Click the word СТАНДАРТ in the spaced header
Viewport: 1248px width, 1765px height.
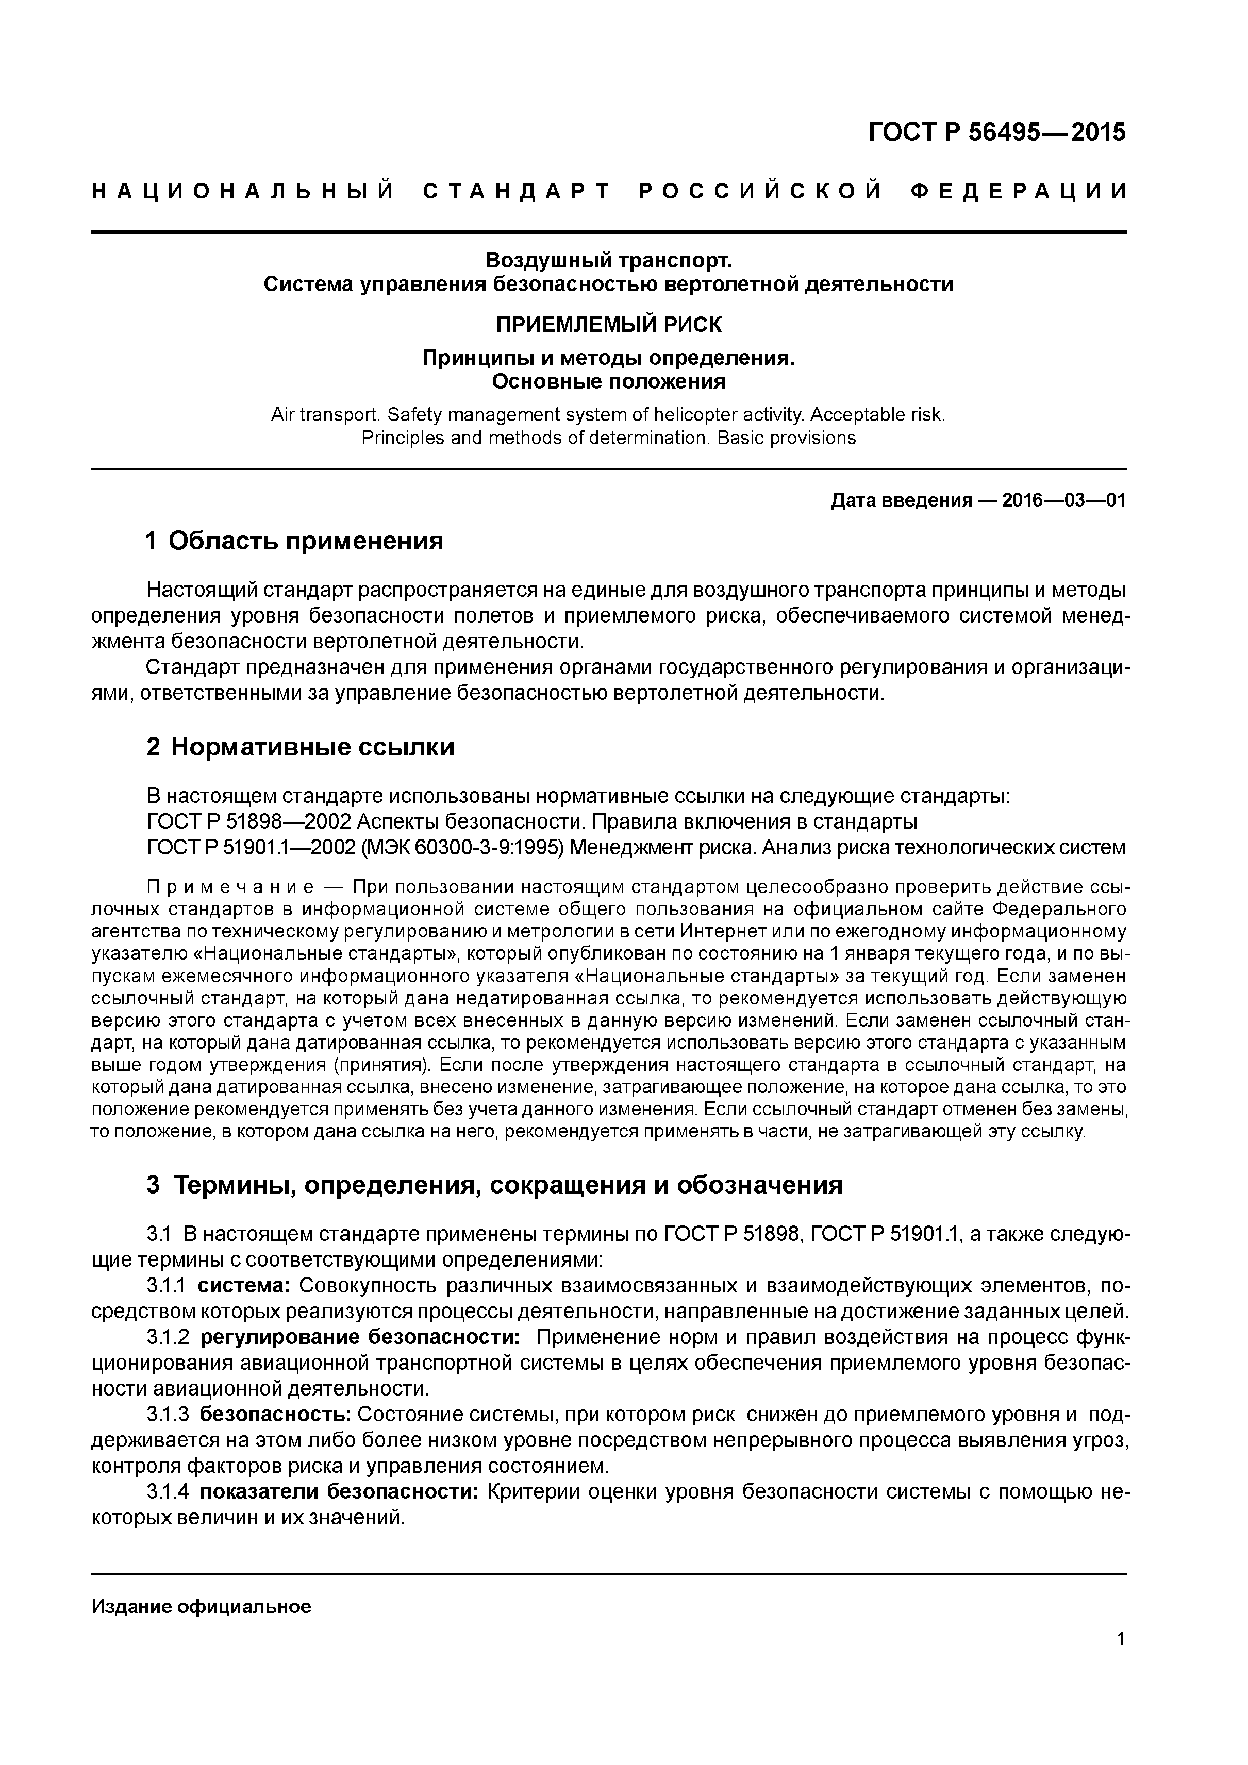click(x=516, y=191)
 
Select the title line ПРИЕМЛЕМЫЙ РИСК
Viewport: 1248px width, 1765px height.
click(x=608, y=325)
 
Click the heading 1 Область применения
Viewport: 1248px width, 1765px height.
click(x=294, y=541)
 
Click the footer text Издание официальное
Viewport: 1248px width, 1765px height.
click(x=202, y=1607)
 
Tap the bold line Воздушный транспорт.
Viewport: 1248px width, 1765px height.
click(x=608, y=261)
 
